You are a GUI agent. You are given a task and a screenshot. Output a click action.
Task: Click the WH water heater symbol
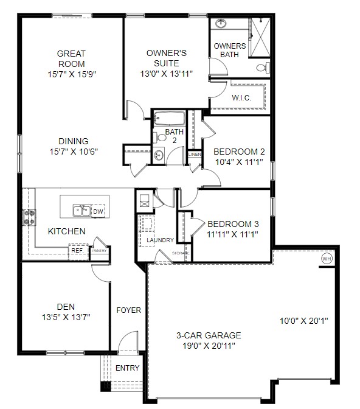pos(327,259)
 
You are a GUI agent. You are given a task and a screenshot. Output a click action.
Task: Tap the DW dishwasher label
pos(98,211)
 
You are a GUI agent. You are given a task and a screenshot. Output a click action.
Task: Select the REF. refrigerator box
pos(77,250)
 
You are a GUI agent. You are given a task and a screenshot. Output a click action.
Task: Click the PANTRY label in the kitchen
pos(100,250)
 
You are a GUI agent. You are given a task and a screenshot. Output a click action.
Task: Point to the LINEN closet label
pos(195,155)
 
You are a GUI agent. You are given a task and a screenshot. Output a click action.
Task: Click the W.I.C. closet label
pos(242,98)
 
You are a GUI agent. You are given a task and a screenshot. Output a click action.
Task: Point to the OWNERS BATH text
pos(230,50)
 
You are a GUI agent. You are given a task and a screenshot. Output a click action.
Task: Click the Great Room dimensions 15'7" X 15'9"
pos(72,74)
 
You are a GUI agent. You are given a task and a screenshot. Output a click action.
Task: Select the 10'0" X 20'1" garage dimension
pos(303,321)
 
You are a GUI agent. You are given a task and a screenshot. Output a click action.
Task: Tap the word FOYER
pos(128,310)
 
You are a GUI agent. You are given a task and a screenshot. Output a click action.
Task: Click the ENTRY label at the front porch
pos(127,368)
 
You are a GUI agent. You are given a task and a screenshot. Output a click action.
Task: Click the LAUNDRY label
pos(160,240)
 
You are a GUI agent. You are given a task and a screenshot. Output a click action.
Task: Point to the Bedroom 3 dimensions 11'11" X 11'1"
pos(229,233)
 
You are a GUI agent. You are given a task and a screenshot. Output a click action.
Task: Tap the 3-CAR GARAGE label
pos(209,335)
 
